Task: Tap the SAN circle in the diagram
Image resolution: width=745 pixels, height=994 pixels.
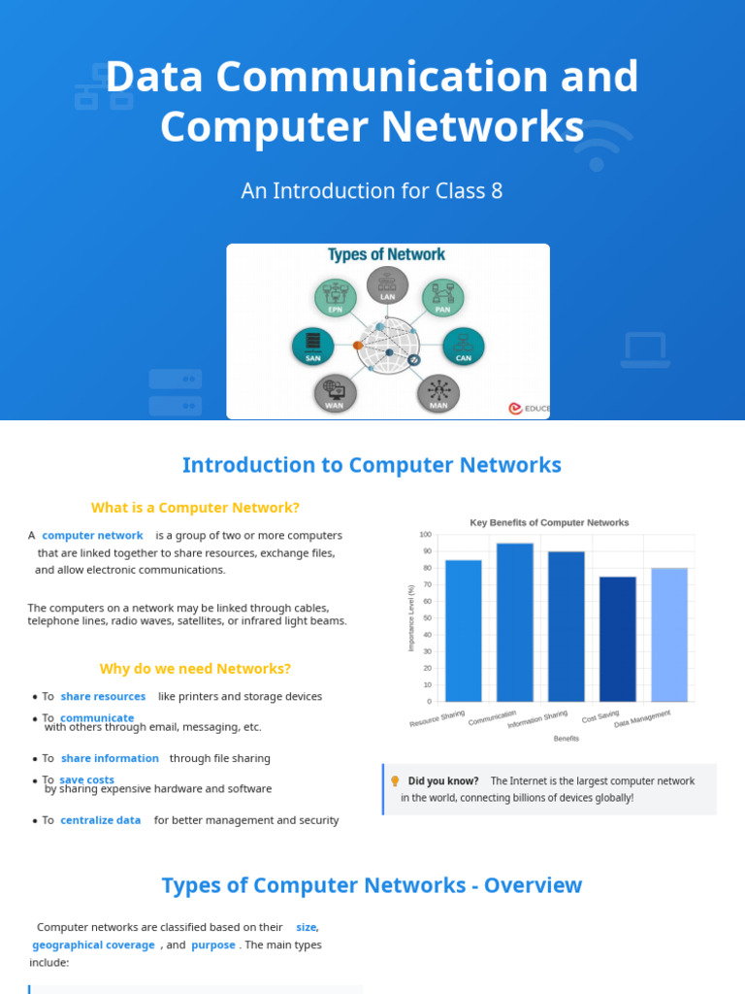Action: coord(312,346)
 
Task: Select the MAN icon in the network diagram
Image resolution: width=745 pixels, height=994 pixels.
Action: coord(438,392)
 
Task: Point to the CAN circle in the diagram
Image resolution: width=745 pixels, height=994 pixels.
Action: coord(464,347)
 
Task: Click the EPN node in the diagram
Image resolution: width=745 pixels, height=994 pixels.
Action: coord(336,297)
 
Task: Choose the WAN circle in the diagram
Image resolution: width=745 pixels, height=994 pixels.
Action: coord(335,392)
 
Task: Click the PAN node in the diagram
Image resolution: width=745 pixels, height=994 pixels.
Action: coord(442,297)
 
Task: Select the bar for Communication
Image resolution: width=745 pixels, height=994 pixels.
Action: coord(515,621)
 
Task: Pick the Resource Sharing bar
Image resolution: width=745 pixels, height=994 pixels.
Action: coord(464,630)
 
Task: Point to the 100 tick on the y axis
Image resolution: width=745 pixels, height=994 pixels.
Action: coord(425,535)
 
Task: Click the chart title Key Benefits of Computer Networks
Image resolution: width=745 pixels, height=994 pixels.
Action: coord(549,522)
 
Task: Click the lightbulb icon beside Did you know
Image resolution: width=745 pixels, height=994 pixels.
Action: coord(395,780)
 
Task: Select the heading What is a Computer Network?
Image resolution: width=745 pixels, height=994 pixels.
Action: coord(195,508)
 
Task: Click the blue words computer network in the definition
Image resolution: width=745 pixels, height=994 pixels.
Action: coord(92,536)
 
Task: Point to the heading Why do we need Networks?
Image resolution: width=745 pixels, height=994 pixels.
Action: coord(195,669)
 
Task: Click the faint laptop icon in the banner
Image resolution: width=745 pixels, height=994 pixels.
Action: coord(644,349)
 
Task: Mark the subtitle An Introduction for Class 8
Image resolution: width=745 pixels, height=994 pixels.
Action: coord(372,191)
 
